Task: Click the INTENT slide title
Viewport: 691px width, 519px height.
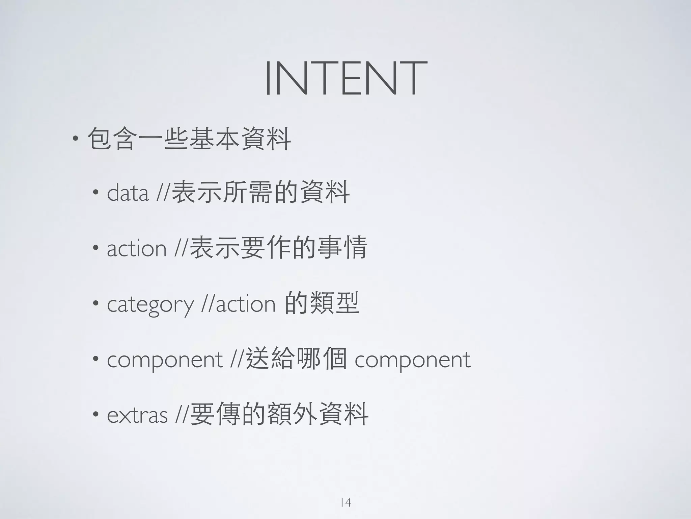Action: (345, 78)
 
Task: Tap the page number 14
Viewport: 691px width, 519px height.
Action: (345, 502)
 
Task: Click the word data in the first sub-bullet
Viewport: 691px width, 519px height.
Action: (128, 193)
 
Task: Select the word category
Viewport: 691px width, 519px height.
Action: (150, 304)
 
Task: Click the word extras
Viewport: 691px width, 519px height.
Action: (137, 415)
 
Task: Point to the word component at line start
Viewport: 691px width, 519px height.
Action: (165, 360)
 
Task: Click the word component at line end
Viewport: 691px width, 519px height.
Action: (412, 360)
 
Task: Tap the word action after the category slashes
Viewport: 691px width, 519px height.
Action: (246, 304)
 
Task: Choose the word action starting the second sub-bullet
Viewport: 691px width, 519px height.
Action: (137, 248)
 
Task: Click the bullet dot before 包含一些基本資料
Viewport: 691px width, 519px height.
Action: (76, 138)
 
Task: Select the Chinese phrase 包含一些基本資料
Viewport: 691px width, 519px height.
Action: (189, 139)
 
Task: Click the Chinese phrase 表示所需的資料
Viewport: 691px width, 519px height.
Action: (260, 193)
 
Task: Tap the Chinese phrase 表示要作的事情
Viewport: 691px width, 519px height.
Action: (278, 248)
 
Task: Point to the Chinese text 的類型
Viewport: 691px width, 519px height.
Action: (322, 303)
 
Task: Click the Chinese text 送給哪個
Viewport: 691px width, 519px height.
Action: (296, 359)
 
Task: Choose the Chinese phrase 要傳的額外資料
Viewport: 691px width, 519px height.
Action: (279, 414)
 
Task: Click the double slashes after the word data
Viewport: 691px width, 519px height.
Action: (162, 193)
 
